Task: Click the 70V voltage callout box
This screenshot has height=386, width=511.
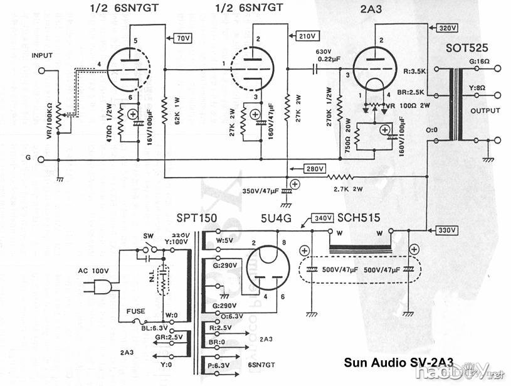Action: pos(183,39)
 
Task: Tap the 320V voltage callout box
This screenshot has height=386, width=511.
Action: pos(447,28)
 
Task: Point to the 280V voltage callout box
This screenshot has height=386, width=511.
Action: pos(312,169)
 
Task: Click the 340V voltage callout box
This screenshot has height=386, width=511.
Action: pos(323,218)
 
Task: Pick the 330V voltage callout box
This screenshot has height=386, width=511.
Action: pos(447,229)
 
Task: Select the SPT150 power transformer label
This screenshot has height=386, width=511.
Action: pos(196,218)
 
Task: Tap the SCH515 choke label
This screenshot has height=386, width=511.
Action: pos(358,218)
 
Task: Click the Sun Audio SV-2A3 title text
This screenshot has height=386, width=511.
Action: pos(398,363)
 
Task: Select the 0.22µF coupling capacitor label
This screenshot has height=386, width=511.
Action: pos(324,58)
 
